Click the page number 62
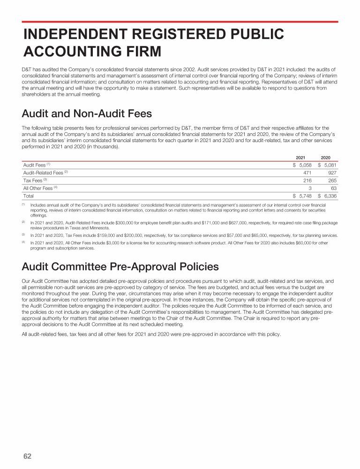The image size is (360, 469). coord(27,456)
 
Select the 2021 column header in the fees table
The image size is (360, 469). coord(301,157)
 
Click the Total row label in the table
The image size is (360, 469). coord(29,196)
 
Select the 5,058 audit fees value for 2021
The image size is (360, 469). coord(305,165)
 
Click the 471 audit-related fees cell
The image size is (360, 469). coord(307,173)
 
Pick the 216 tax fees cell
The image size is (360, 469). coord(307,180)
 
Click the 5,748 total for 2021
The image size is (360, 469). coord(305,196)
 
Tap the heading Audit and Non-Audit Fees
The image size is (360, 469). coord(87,114)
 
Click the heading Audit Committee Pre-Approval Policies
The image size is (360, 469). coord(120,267)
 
